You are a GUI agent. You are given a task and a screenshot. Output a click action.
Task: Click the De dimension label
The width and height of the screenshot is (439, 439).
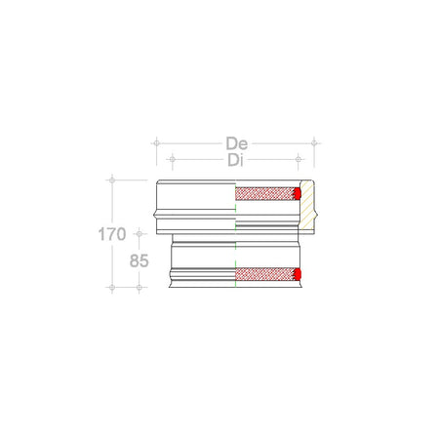[235, 142]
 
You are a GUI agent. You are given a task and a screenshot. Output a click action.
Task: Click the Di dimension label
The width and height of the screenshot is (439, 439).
[235, 159]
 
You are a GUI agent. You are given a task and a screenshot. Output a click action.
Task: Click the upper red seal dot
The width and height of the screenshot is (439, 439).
[299, 193]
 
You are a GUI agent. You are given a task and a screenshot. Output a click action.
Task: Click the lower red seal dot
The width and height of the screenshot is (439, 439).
[299, 274]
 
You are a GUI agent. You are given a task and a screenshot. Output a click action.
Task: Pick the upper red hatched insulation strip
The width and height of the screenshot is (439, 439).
[266, 193]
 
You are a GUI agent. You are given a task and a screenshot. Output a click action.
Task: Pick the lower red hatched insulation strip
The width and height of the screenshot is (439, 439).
[266, 274]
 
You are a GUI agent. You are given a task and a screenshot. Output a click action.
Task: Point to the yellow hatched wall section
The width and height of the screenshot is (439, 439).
[308, 206]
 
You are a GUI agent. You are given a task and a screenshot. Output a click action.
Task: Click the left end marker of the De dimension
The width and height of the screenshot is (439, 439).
[155, 142]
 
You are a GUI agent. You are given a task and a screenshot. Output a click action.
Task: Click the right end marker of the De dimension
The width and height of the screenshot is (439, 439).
[315, 142]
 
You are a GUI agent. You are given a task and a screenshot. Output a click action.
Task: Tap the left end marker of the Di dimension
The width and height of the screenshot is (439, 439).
[172, 158]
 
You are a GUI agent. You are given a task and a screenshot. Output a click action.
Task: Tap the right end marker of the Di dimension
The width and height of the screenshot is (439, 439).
[300, 158]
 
